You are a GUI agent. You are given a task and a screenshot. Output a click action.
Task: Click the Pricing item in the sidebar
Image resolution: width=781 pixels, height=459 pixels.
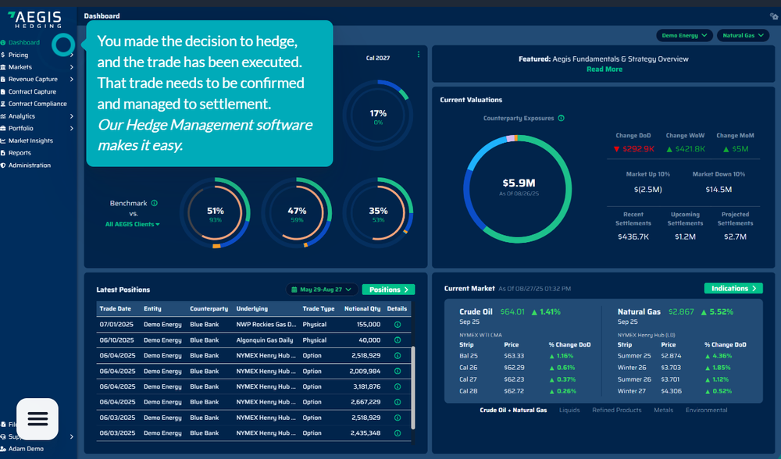tap(19, 55)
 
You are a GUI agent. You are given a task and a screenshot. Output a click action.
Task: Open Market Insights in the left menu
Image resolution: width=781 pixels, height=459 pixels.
tap(30, 141)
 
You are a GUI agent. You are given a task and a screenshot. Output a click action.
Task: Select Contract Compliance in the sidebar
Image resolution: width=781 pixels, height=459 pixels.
tap(37, 104)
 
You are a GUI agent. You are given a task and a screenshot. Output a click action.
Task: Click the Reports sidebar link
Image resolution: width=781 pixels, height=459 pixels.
tap(20, 153)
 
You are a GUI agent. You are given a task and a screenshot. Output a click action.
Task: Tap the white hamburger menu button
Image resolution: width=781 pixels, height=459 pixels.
tap(37, 419)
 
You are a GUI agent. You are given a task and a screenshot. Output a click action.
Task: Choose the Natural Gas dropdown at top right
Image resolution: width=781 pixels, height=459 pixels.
tap(742, 35)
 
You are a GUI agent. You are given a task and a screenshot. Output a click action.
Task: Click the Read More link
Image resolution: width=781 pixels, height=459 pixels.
tap(604, 69)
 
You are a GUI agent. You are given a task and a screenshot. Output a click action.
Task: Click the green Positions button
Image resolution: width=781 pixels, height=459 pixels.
tap(388, 289)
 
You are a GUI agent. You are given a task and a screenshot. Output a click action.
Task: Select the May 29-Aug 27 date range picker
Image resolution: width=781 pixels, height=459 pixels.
tap(322, 289)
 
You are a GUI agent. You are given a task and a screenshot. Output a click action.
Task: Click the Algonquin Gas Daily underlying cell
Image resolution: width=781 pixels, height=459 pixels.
tap(266, 340)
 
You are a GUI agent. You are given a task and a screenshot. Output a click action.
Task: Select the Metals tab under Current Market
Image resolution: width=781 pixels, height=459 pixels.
tap(663, 410)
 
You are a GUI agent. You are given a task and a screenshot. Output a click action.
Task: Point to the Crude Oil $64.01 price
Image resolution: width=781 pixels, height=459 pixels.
tap(512, 311)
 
